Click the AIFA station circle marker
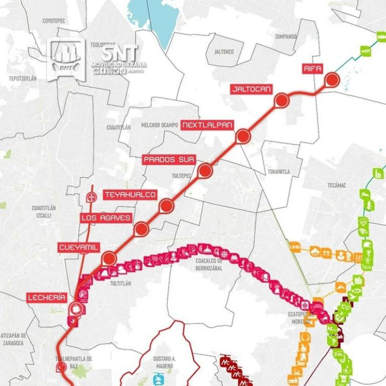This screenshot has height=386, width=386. point(332,80)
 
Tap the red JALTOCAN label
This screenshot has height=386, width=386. point(251,89)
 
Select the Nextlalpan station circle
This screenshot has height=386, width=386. point(243,136)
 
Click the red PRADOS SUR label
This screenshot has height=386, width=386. point(169,160)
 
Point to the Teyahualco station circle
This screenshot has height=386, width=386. point(166,205)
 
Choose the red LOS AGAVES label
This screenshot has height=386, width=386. point(107,218)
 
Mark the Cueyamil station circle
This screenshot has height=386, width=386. point(109,259)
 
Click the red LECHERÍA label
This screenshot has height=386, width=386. point(47,298)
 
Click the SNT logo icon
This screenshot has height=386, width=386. point(66,59)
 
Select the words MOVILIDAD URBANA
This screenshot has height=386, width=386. point(119,65)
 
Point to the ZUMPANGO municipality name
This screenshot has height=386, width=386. point(286,37)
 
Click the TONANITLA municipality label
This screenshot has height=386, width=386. point(278,172)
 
